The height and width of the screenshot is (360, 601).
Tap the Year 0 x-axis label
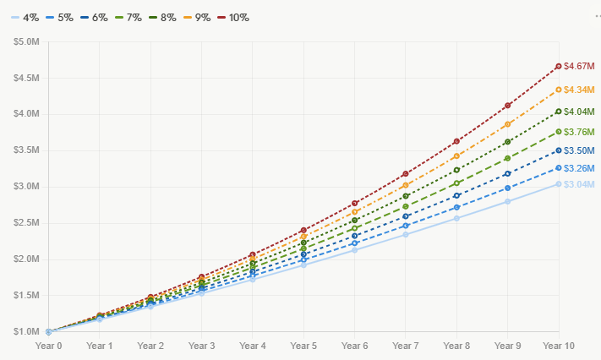pos(48,346)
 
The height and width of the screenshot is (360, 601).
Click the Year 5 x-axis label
pos(303,346)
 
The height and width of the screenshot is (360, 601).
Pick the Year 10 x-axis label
pos(558,346)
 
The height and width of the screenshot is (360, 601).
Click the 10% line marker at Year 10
pos(559,66)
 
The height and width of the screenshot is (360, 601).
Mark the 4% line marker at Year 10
pos(559,183)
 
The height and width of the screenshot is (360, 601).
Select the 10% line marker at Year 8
pos(456,141)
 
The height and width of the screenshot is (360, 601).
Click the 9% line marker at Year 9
pos(507,124)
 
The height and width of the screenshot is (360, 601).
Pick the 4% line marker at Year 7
pos(406,234)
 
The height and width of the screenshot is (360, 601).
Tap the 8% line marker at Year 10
pos(559,112)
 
